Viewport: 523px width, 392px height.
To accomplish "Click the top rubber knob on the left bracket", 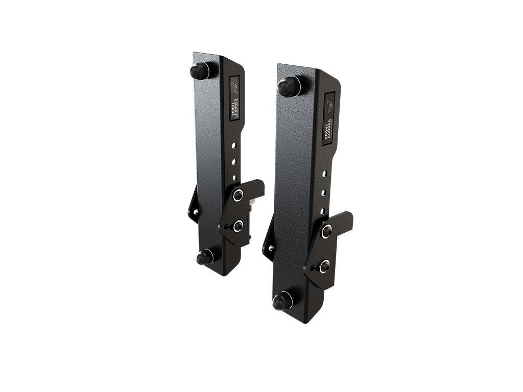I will pos(199,70).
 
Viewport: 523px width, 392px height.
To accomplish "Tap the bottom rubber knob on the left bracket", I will pos(205,257).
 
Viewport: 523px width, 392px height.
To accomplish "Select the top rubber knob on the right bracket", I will pos(288,86).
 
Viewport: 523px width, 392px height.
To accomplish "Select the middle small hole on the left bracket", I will pos(234,162).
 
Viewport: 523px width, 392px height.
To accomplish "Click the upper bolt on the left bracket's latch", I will pos(238,195).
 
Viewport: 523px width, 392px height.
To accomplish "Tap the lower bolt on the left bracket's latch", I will pos(237,226).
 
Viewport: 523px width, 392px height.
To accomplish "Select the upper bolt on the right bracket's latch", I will pos(326,231).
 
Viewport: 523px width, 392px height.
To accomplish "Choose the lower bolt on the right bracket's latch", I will pos(323,266).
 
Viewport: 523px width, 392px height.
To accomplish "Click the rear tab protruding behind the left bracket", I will pos(193,207).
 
